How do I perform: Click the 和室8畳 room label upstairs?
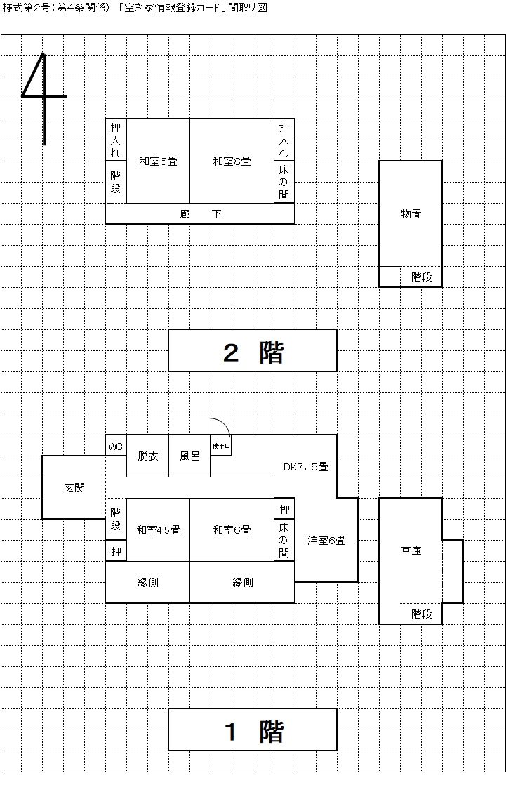[232, 161]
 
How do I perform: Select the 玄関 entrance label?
[74, 488]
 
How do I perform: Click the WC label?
[116, 447]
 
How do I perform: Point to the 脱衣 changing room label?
[147, 456]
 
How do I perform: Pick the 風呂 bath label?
[189, 456]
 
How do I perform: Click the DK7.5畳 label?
[305, 467]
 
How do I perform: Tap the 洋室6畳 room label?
[326, 541]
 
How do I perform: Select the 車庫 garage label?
[411, 551]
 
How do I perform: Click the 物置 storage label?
[411, 214]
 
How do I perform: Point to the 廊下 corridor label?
[200, 214]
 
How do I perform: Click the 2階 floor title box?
[253, 351]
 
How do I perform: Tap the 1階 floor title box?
[253, 730]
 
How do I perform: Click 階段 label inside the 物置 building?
[421, 277]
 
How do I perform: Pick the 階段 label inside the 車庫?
[421, 614]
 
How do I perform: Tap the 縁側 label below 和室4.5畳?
[147, 583]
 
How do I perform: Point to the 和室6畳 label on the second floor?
[158, 161]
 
